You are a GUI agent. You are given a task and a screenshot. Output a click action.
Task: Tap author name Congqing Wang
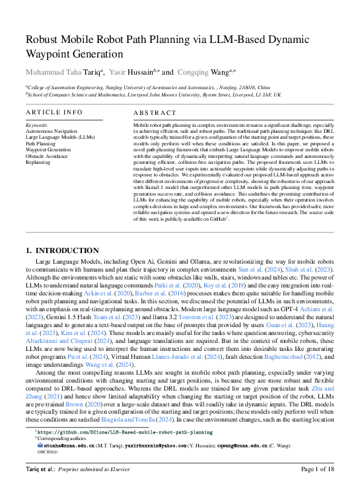(201, 71)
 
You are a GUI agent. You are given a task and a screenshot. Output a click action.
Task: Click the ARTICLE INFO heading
(54, 112)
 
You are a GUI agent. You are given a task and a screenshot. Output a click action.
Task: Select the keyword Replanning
(38, 161)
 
